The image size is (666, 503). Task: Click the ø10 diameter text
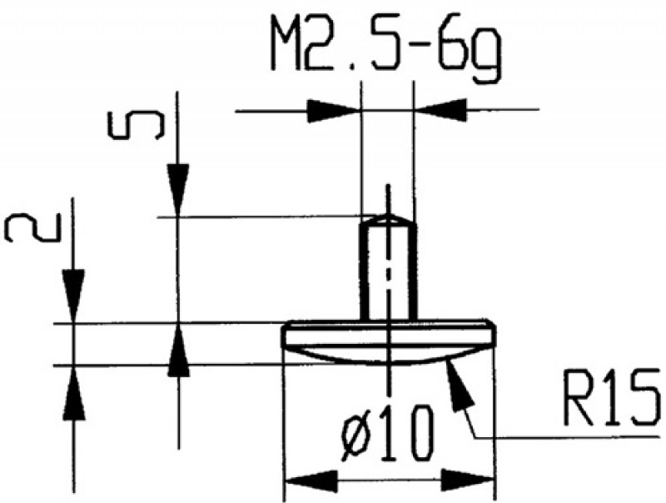pos(388,431)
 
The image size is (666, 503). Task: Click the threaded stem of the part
pos(387,271)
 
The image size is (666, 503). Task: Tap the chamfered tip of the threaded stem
pos(387,219)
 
